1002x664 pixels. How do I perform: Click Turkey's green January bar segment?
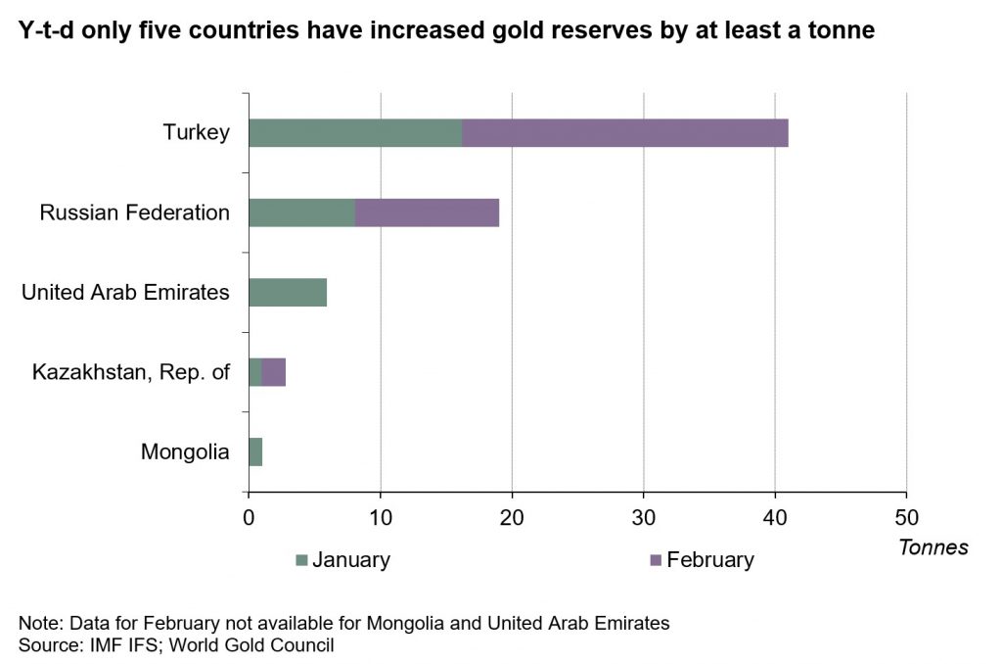pyautogui.click(x=355, y=132)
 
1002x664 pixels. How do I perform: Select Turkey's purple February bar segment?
pyautogui.click(x=624, y=132)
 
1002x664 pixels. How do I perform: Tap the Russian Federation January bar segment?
pyautogui.click(x=301, y=213)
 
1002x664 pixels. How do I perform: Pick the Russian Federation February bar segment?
pyautogui.click(x=427, y=213)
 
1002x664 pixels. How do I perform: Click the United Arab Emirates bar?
pyautogui.click(x=288, y=292)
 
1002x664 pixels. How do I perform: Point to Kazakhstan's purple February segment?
pyautogui.click(x=274, y=372)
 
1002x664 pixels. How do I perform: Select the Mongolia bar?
pyautogui.click(x=255, y=452)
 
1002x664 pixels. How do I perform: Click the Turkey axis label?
pyautogui.click(x=197, y=132)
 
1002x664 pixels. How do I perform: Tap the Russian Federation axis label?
pyautogui.click(x=135, y=213)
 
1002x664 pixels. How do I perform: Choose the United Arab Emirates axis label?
pyautogui.click(x=125, y=292)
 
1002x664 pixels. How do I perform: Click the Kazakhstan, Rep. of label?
pyautogui.click(x=131, y=372)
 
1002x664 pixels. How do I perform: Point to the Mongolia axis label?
pyautogui.click(x=185, y=452)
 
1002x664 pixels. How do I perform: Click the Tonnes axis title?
pyautogui.click(x=933, y=547)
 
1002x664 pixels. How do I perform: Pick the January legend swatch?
pyautogui.click(x=301, y=560)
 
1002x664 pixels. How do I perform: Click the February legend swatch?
pyautogui.click(x=656, y=560)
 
